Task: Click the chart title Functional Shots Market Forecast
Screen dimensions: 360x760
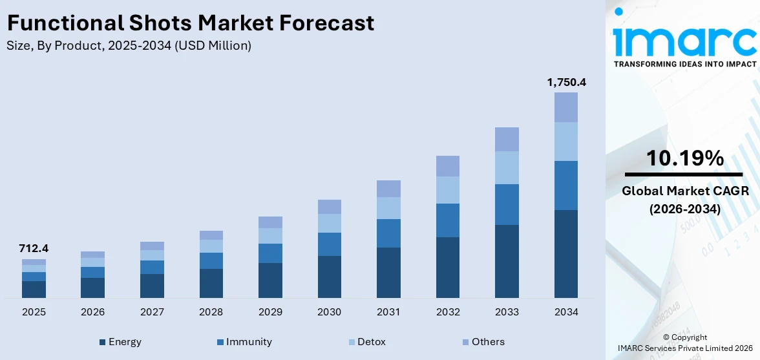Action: click(191, 23)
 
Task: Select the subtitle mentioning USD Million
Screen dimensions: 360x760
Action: click(129, 46)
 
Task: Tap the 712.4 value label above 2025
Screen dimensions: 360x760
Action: click(34, 248)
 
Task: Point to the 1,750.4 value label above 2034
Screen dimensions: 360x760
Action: click(566, 82)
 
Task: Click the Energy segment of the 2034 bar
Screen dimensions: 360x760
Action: click(566, 253)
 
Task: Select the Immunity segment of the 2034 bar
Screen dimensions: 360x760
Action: click(566, 185)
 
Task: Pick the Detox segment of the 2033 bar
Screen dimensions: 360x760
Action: click(507, 167)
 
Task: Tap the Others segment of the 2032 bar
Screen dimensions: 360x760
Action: click(447, 166)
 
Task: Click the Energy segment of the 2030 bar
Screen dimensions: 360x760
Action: click(329, 277)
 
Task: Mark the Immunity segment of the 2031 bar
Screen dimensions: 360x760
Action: click(388, 233)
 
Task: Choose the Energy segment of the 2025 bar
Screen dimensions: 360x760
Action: click(34, 289)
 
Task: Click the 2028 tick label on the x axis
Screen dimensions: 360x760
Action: click(211, 312)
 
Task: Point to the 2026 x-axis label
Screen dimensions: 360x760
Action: click(93, 312)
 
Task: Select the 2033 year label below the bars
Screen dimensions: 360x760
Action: click(507, 312)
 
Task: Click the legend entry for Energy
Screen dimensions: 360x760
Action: click(120, 342)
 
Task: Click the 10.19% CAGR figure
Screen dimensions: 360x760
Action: click(684, 158)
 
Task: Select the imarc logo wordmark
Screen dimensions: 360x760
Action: click(684, 41)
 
